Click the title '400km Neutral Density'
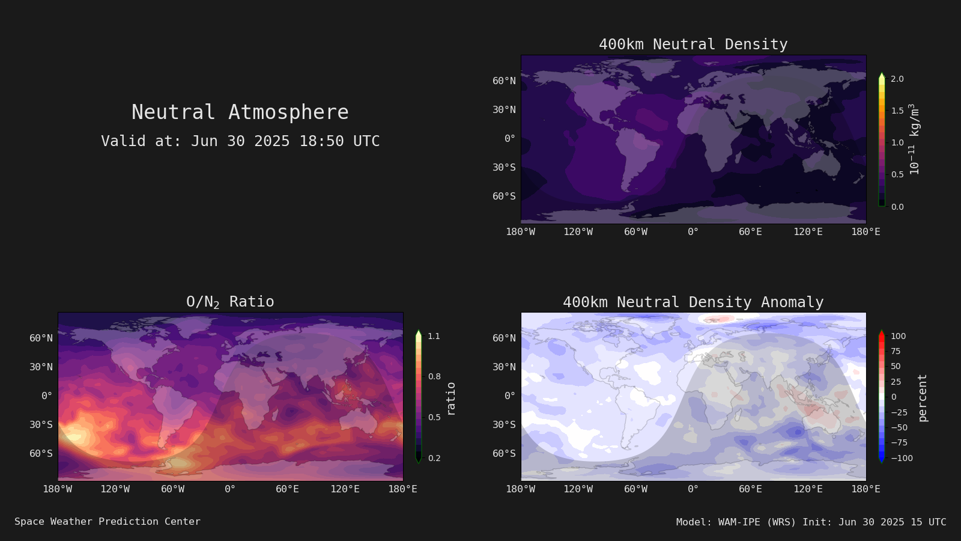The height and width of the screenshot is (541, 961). tap(693, 44)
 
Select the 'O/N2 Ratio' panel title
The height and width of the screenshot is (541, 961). tap(230, 302)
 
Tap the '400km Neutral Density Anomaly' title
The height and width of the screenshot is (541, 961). tap(693, 302)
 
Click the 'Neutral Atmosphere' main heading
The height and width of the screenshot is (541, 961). tap(240, 112)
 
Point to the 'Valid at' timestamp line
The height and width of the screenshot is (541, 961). tap(240, 141)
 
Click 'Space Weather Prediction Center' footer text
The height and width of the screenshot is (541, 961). tap(108, 522)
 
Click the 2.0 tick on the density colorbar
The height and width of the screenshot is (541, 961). tap(897, 79)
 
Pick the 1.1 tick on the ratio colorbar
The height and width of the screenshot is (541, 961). tap(434, 336)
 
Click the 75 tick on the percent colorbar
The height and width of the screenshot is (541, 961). tap(896, 351)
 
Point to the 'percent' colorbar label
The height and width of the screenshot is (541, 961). tap(923, 398)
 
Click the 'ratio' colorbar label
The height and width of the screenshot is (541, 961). tap(450, 399)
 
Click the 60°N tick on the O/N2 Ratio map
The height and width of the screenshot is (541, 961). tap(41, 338)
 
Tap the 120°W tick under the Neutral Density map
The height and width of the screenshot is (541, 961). tap(578, 232)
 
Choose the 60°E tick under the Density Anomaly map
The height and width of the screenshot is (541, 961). tap(750, 489)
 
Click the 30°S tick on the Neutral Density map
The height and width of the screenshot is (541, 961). tap(504, 168)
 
